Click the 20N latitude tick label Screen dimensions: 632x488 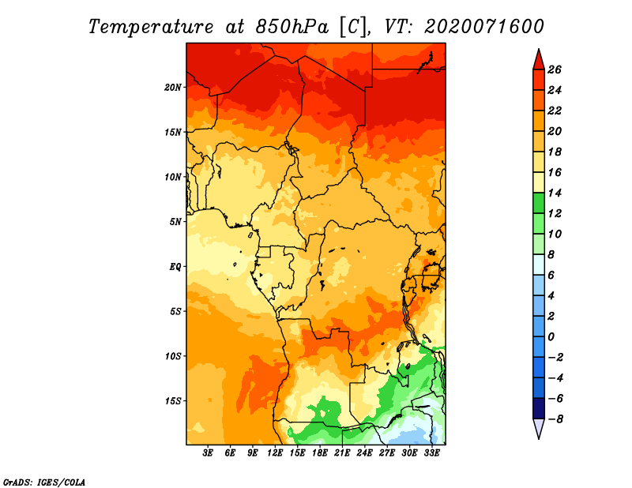[x=173, y=88]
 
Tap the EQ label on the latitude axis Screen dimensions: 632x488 [x=175, y=267]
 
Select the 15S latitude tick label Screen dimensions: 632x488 [x=173, y=401]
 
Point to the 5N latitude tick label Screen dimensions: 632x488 [x=175, y=222]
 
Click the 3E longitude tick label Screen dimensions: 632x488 [x=208, y=453]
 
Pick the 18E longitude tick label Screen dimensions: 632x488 [x=320, y=453]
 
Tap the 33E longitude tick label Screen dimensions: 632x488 [x=431, y=453]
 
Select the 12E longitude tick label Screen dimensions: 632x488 [x=275, y=453]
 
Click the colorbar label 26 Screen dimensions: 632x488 [x=555, y=69]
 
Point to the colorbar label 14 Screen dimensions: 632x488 [x=555, y=193]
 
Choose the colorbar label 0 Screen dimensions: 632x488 [x=551, y=337]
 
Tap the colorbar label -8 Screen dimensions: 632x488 [x=555, y=419]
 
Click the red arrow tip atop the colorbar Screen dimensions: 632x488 [x=539, y=49]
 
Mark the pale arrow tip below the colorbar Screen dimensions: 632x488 [x=539, y=438]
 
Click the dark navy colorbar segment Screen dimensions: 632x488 [x=539, y=408]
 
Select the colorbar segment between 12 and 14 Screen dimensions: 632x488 [x=539, y=203]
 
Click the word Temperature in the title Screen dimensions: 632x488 [x=151, y=27]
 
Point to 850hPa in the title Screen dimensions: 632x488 [x=292, y=27]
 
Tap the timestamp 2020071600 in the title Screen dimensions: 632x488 [x=484, y=27]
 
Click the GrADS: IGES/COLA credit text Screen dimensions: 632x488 [x=44, y=482]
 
